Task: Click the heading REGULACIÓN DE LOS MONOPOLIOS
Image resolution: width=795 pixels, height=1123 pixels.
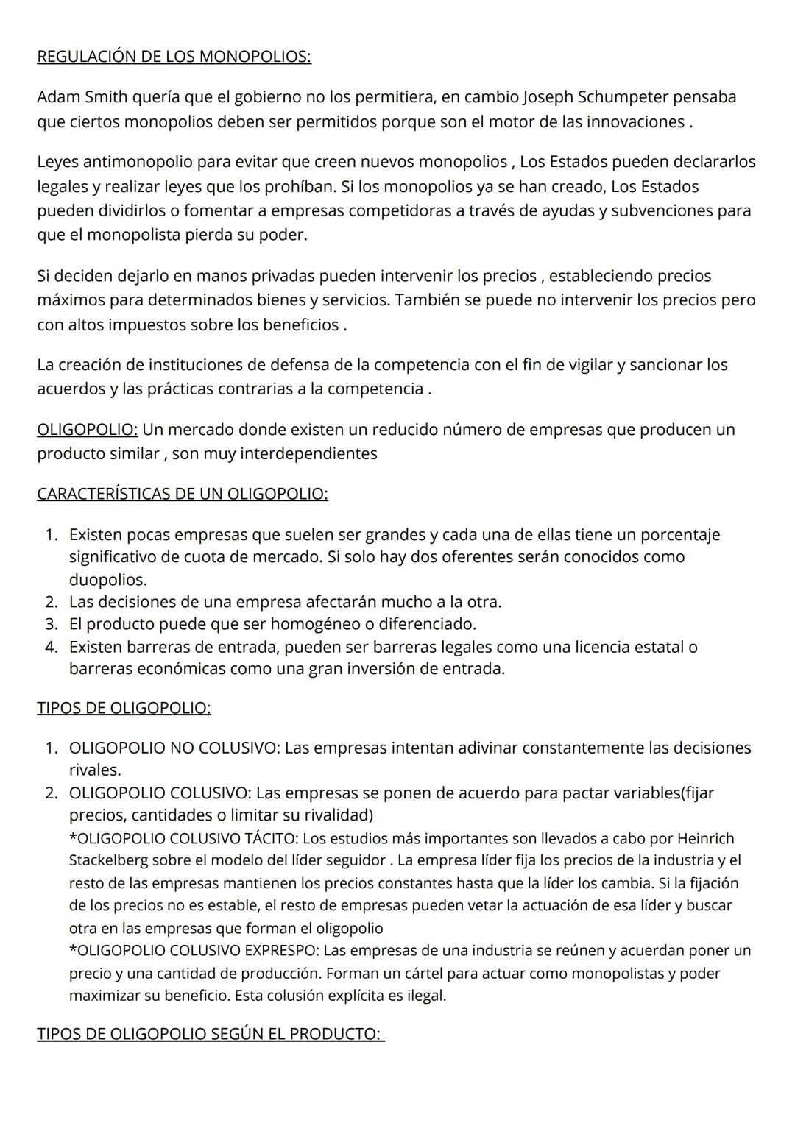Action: (x=174, y=57)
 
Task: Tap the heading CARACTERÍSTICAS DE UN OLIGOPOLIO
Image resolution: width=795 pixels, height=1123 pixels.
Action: (x=183, y=493)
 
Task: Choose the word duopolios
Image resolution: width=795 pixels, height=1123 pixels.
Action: (x=107, y=579)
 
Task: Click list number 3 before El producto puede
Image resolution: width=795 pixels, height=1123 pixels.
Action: (x=51, y=624)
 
